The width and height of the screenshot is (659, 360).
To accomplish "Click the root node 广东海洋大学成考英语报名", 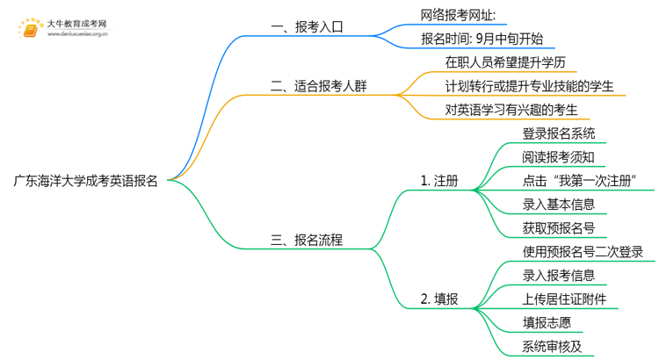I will pos(86,181).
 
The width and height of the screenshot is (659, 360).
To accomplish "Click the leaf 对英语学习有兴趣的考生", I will pos(511,110).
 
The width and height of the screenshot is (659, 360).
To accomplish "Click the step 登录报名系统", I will pos(559,133).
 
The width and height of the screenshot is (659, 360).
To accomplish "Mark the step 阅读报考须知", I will pos(559,157).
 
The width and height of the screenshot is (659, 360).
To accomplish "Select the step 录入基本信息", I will pos(559,205).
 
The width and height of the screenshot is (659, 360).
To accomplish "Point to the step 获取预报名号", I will pos(559,228).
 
